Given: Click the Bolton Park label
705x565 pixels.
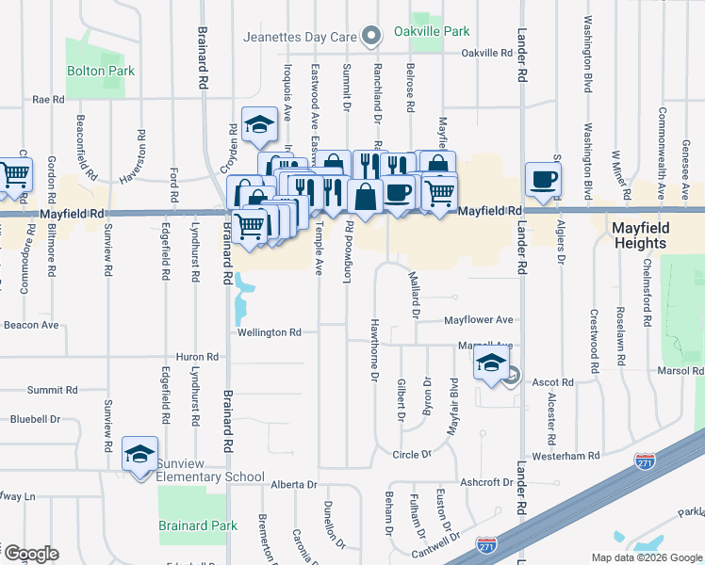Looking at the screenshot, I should tap(100, 71).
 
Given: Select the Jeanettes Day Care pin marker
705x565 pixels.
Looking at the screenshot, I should tap(371, 38).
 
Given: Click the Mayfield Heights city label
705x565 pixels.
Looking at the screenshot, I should tap(652, 235).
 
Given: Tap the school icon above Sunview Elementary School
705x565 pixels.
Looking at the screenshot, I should tap(139, 455).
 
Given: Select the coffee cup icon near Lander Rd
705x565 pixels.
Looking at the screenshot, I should tap(545, 179).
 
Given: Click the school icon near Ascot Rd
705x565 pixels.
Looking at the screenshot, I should tap(491, 363).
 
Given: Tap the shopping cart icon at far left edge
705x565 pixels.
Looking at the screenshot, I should tap(13, 174).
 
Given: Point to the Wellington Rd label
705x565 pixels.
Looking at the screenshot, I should tap(269, 332).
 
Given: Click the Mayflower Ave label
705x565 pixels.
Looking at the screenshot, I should tap(479, 319).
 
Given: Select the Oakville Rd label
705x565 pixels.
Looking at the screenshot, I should tap(486, 53).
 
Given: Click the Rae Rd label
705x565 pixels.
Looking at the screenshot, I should tap(48, 98).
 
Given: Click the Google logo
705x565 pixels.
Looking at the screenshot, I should tap(30, 554).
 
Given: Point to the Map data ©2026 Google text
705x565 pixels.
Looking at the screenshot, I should tap(646, 557).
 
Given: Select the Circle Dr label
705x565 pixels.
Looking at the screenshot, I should tap(412, 454).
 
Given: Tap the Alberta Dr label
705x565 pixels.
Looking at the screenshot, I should tap(294, 484).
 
